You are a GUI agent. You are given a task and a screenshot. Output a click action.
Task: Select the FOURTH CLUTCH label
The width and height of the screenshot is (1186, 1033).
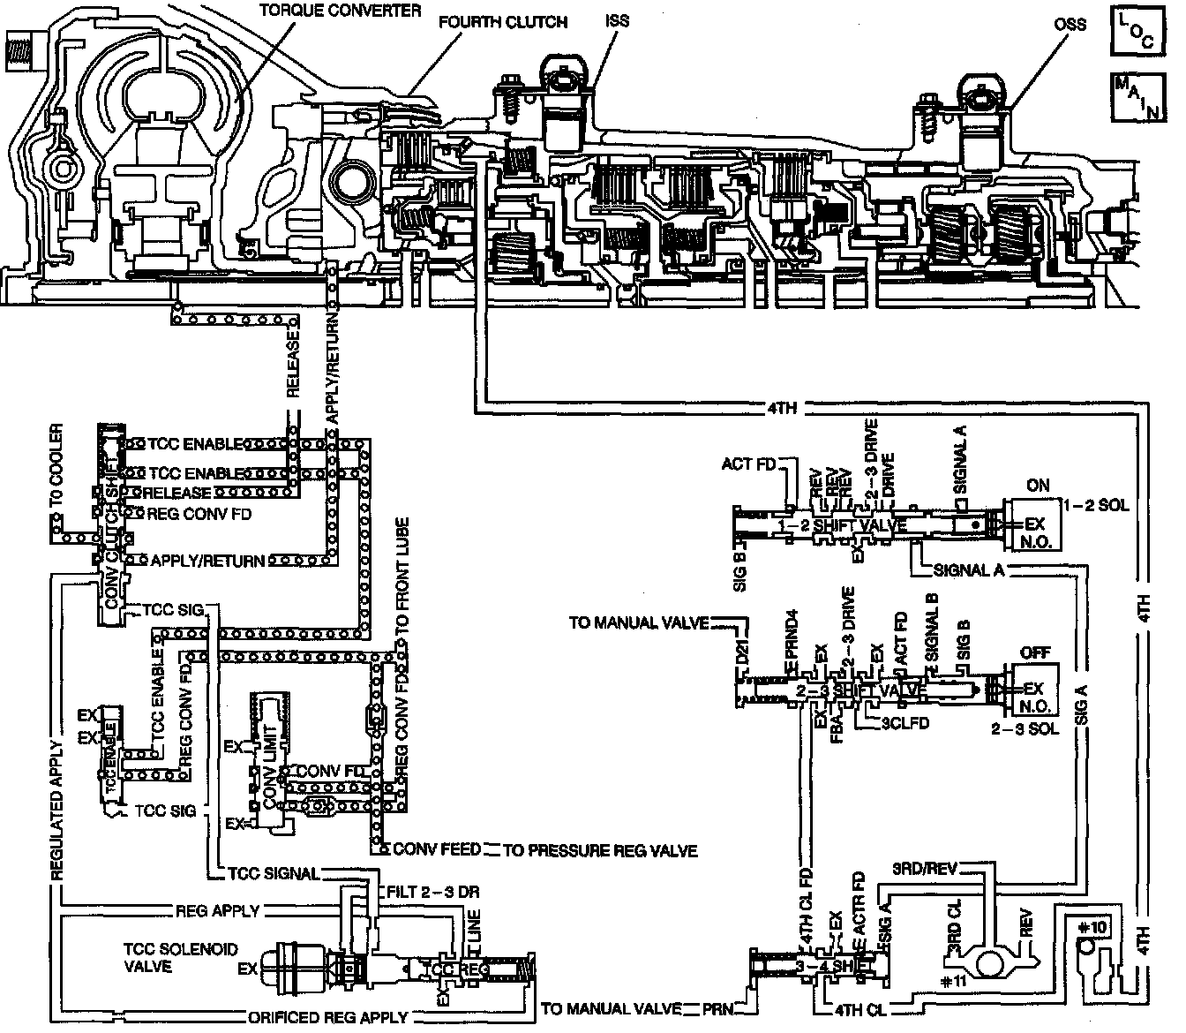(503, 22)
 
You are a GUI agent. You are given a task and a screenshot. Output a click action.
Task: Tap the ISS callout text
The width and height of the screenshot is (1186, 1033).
(618, 20)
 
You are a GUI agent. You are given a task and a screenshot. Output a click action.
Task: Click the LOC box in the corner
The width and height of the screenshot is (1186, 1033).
(1135, 31)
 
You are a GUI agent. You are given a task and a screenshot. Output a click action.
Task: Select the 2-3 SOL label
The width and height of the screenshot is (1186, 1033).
(1024, 729)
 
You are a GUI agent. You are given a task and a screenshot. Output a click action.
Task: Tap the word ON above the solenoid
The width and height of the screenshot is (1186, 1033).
(1039, 485)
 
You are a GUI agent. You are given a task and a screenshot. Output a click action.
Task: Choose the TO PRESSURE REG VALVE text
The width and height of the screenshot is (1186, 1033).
(600, 851)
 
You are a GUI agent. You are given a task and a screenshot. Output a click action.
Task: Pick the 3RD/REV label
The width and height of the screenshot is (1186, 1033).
(922, 867)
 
